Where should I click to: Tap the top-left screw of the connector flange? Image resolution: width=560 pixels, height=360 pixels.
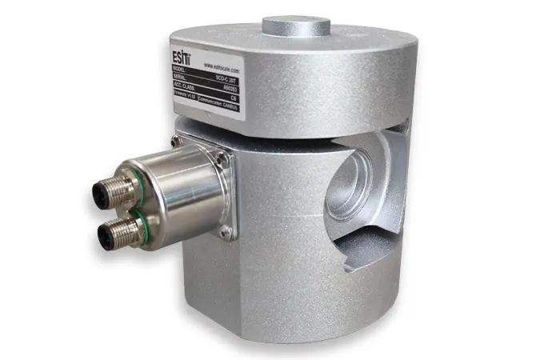[x=174, y=142]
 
